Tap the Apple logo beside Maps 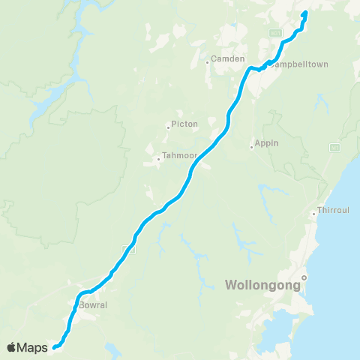(12, 347)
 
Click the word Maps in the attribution (32, 347)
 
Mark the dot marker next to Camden (208, 62)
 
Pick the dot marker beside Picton (169, 127)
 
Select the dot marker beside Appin (253, 146)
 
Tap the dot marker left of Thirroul (314, 213)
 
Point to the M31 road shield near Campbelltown (276, 33)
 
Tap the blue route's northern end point (305, 13)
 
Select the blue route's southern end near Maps (54, 347)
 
